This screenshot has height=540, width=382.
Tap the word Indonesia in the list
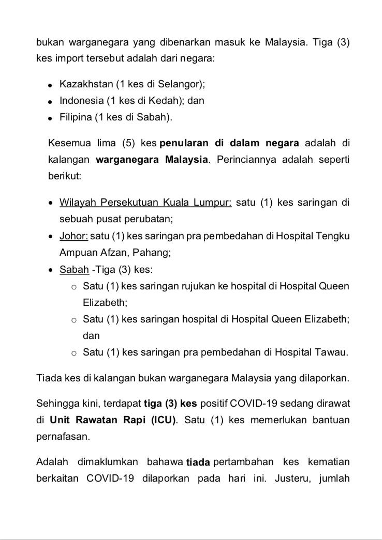point(81,100)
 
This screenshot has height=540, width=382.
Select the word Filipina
point(76,117)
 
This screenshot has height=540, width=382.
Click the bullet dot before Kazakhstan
point(50,85)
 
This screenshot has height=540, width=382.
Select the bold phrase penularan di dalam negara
point(230,142)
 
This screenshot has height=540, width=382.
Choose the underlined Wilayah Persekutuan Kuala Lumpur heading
point(145,202)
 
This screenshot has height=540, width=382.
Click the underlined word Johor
point(74,236)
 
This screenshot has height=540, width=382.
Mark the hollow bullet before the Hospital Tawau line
point(74,353)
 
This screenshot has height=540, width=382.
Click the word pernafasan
point(61,436)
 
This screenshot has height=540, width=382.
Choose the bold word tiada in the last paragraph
point(198,462)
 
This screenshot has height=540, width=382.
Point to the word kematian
point(330,461)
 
